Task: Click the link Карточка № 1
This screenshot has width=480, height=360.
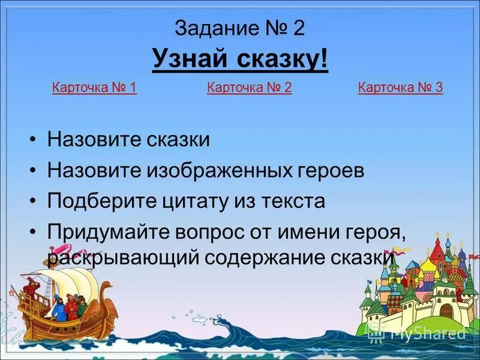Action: click(x=94, y=88)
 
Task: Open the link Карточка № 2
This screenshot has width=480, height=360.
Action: click(x=249, y=88)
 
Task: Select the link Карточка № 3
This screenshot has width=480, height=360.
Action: click(x=400, y=88)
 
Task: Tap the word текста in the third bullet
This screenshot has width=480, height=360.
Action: click(x=293, y=201)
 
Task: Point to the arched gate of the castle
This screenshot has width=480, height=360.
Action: click(x=447, y=311)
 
